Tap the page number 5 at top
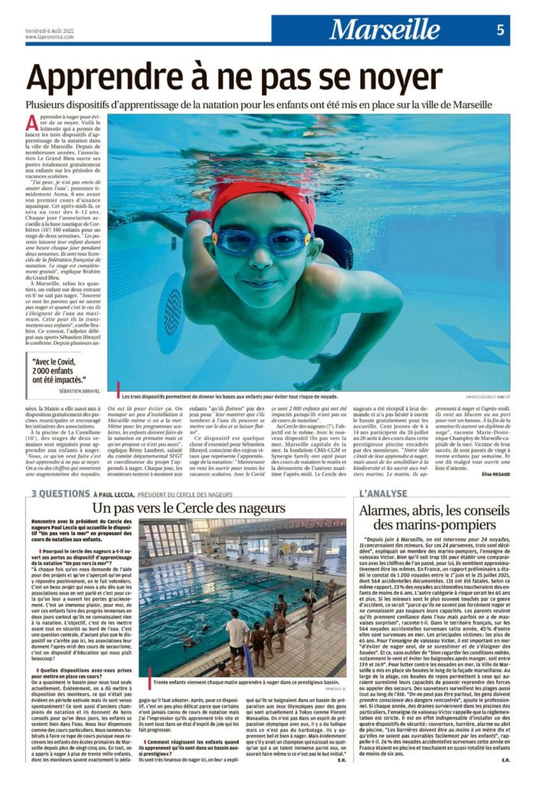[500, 30]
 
